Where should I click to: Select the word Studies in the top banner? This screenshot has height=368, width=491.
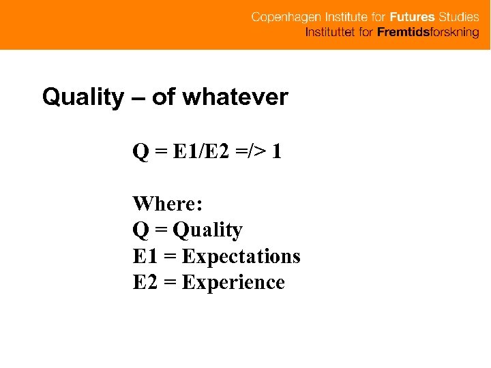[x=459, y=17]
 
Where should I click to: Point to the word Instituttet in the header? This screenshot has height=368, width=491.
[x=329, y=33]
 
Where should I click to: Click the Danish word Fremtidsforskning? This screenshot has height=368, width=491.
[x=428, y=33]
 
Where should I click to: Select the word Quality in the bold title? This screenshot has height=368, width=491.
[x=82, y=97]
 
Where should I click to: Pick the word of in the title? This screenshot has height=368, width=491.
[x=163, y=97]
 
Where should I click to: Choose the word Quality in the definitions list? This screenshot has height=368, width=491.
[x=207, y=230]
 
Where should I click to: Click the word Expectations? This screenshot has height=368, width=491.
[x=241, y=256]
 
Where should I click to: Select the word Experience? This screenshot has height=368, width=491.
[x=233, y=282]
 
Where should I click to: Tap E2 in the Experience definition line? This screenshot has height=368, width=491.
[x=145, y=282]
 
